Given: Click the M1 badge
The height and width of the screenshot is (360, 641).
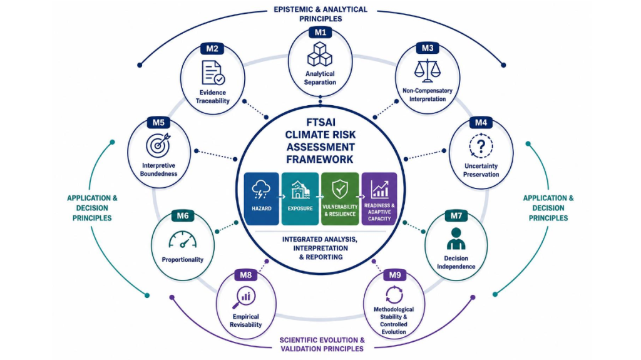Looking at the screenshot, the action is coord(320,33).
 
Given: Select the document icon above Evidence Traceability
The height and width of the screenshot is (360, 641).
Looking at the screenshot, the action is coord(213,73).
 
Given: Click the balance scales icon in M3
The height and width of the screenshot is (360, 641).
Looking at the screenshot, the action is coord(427,70).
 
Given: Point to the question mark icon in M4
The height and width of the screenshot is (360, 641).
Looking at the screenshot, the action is coord(481,146).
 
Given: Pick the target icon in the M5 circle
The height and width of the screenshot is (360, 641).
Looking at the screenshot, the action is coord(158,145).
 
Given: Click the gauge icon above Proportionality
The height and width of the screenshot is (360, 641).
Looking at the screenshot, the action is coord(183,240).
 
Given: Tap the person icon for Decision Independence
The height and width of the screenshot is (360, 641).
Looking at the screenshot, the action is coord(456,239).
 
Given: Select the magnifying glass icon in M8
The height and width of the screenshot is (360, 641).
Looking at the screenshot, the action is coord(244,298).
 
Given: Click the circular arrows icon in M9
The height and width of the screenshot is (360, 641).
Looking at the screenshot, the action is coord(394,294).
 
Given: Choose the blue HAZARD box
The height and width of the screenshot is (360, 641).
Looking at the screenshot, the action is coord(262,199).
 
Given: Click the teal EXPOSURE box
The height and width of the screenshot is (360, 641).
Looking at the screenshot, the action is coord(300,199).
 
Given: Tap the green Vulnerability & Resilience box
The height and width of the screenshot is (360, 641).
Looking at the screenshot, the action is coord(340,199).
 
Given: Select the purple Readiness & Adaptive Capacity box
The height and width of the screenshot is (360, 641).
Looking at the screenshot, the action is coord(379,199).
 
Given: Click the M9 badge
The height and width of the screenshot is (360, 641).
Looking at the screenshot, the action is coord(394,275).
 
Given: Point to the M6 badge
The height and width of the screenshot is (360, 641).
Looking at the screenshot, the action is coord(183,215).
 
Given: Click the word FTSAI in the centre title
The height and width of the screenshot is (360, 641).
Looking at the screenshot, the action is coord(320,123).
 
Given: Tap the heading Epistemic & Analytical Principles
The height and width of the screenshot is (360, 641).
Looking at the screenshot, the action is coord(320,14).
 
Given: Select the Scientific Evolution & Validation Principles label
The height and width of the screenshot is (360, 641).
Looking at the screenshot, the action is coord(322,344).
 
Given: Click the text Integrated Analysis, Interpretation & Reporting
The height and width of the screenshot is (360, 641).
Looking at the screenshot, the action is coord(320,248).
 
